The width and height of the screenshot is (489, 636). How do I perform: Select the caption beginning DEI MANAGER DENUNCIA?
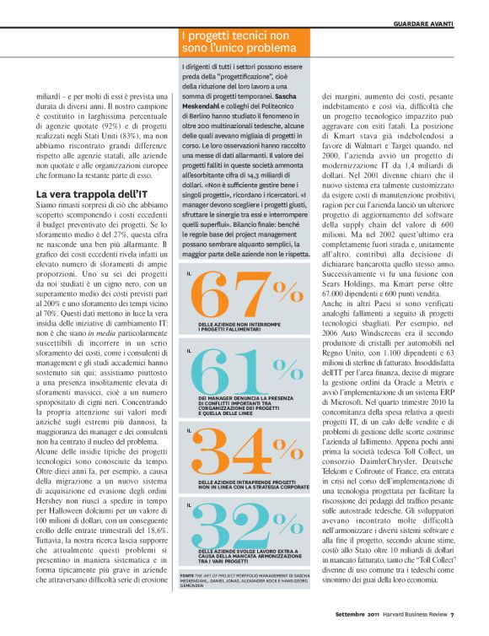point(244,405)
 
